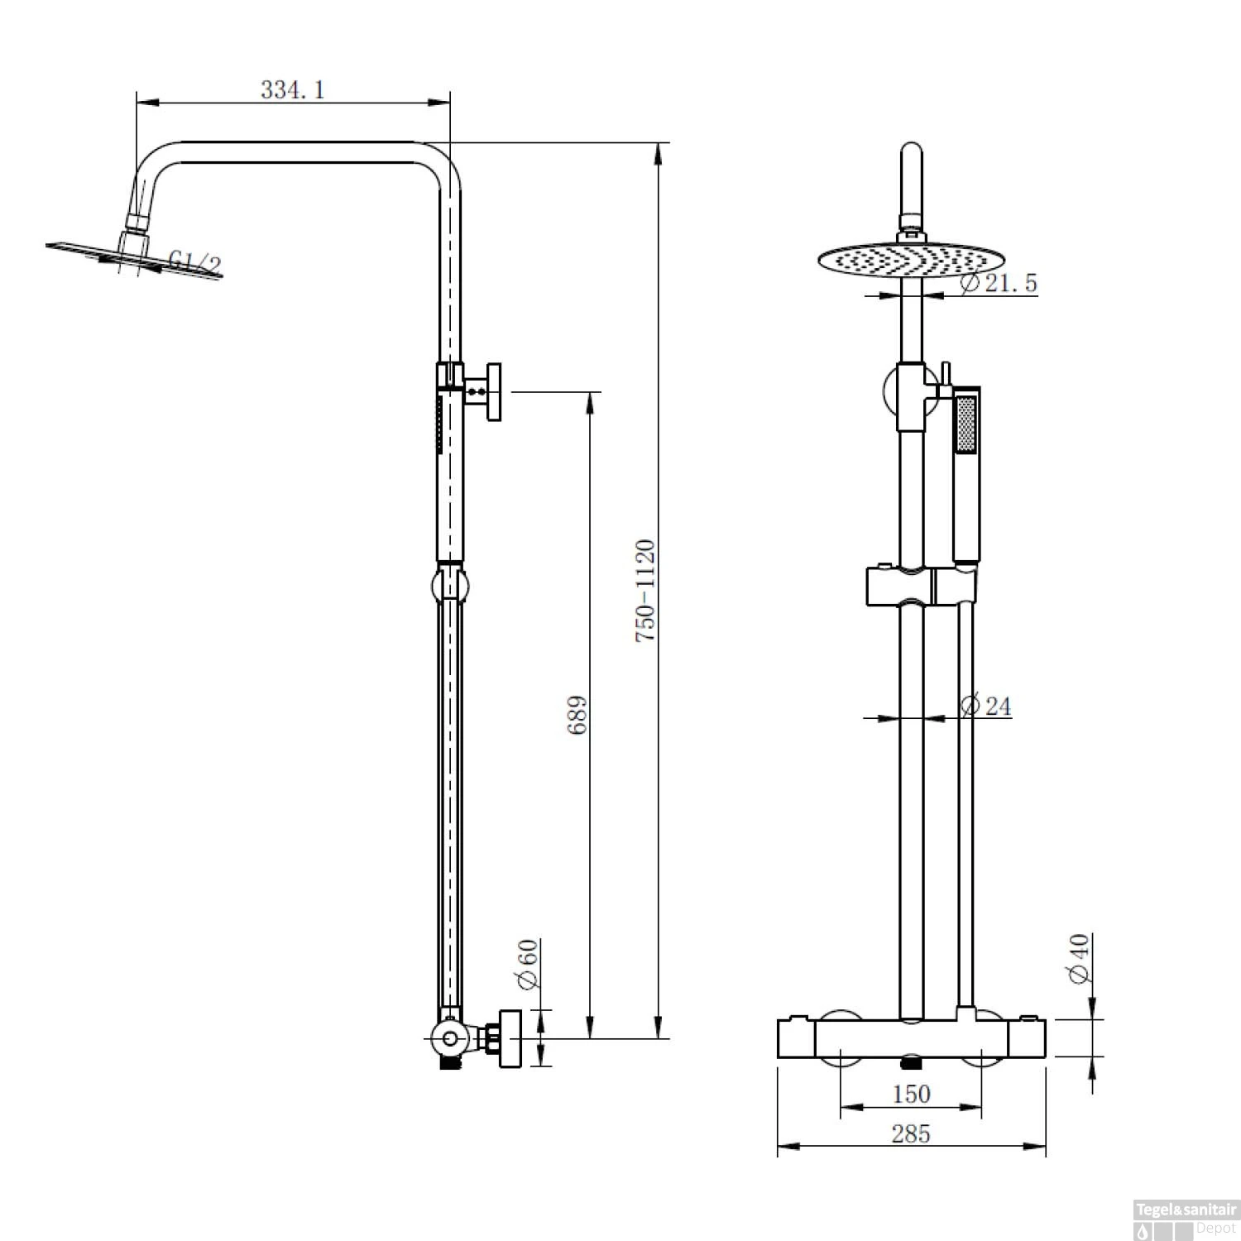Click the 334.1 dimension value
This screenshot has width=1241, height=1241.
[293, 89]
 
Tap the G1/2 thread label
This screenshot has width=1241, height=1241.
[195, 264]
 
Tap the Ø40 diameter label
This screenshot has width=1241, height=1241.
[1080, 959]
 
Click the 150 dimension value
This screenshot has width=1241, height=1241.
[911, 1094]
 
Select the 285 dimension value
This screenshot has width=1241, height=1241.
[911, 1133]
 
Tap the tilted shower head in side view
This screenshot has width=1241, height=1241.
[132, 256]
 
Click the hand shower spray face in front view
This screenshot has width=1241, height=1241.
[965, 424]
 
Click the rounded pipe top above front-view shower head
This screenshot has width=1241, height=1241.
[911, 157]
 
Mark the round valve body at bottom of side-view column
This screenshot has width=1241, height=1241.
[448, 1038]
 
